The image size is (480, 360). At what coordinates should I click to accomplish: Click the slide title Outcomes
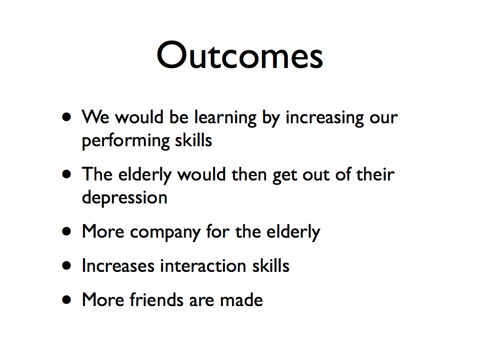tap(240, 55)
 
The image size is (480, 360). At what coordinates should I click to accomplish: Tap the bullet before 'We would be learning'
tap(67, 117)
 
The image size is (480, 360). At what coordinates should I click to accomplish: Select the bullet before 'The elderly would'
tap(67, 174)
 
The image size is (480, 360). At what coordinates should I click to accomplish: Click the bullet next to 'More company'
tap(67, 231)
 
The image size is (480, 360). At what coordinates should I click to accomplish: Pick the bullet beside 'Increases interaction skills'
tap(67, 265)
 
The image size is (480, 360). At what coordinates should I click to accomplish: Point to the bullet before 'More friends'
tap(67, 300)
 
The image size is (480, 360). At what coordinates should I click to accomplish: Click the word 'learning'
tap(225, 118)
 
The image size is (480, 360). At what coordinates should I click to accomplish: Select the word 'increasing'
tap(324, 118)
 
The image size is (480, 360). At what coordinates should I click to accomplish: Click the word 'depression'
tap(125, 198)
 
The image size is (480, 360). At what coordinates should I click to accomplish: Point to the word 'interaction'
tap(203, 265)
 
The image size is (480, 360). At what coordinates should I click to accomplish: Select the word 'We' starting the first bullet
tap(95, 117)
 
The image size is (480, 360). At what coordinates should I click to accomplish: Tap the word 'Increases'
tap(118, 265)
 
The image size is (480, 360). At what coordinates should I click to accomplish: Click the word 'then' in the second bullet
tap(249, 174)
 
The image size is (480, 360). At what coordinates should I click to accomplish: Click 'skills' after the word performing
tap(194, 140)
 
